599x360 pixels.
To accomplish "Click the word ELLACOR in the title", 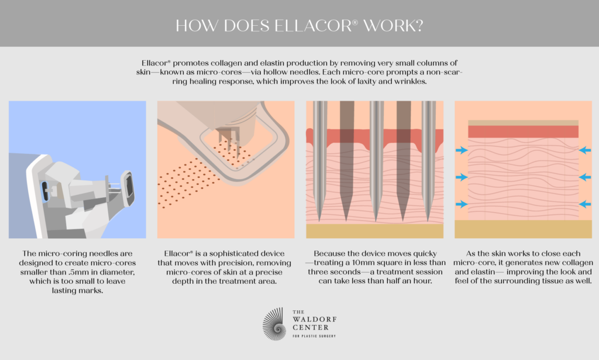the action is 316,26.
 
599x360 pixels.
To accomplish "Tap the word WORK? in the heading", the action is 393,26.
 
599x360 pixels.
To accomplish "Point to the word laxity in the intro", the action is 367,81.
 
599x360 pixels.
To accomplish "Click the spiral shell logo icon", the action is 274,324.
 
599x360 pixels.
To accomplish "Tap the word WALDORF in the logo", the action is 314,319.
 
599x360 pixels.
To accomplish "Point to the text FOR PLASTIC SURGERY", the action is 314,337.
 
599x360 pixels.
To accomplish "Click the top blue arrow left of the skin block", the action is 462,150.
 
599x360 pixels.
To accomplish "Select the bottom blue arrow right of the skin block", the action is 585,204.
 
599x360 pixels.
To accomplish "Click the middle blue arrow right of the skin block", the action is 585,177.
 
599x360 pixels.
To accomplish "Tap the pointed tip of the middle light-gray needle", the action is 376,221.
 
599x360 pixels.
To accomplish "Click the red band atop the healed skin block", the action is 523,132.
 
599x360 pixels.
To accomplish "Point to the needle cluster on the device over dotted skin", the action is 229,142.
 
